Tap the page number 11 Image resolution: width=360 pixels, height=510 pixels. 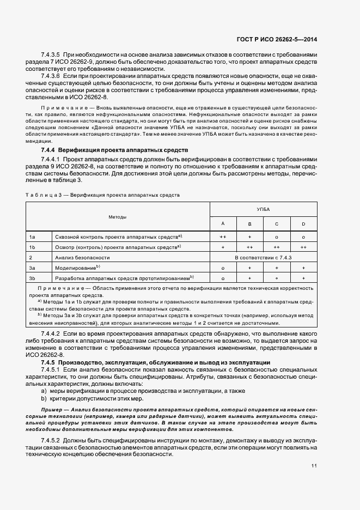314,466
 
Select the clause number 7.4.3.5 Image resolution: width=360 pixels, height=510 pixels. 51,56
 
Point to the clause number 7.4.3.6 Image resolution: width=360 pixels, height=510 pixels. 51,78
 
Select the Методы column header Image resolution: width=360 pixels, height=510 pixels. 118,217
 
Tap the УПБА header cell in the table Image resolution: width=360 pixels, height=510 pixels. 263,209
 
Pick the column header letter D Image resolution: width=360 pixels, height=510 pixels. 303,224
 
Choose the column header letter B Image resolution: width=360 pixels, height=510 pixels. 249,224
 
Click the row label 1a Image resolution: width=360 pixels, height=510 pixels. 32,237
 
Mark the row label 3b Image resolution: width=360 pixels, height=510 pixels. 32,278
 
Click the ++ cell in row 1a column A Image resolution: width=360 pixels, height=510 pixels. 223,237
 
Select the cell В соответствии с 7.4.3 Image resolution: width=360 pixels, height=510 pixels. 263,257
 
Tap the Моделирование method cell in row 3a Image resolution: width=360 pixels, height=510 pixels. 76,268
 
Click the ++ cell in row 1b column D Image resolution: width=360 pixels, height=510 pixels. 303,247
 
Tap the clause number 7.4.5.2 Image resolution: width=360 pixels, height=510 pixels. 51,440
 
